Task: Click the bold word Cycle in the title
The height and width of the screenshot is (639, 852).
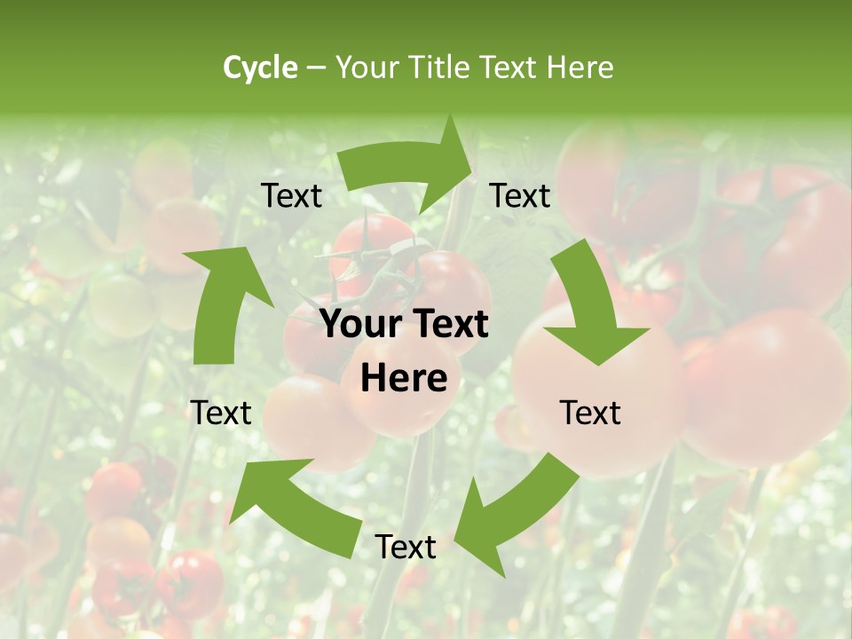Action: pyautogui.click(x=260, y=67)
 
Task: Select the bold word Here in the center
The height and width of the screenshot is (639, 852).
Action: pyautogui.click(x=404, y=379)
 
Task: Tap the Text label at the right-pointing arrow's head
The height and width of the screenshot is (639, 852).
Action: pyautogui.click(x=520, y=196)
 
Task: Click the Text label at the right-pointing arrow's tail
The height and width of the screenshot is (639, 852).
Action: pyautogui.click(x=291, y=196)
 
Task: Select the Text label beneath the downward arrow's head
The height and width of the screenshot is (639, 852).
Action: pyautogui.click(x=590, y=413)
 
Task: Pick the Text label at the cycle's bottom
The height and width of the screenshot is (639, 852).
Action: pyautogui.click(x=406, y=548)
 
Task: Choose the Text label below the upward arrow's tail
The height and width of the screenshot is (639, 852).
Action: pyautogui.click(x=221, y=413)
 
